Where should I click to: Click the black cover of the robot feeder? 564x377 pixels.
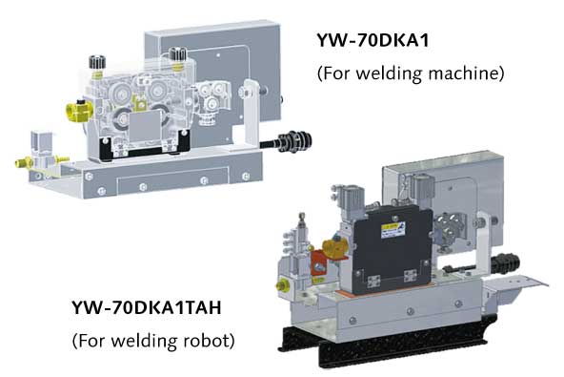click(x=390, y=246)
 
